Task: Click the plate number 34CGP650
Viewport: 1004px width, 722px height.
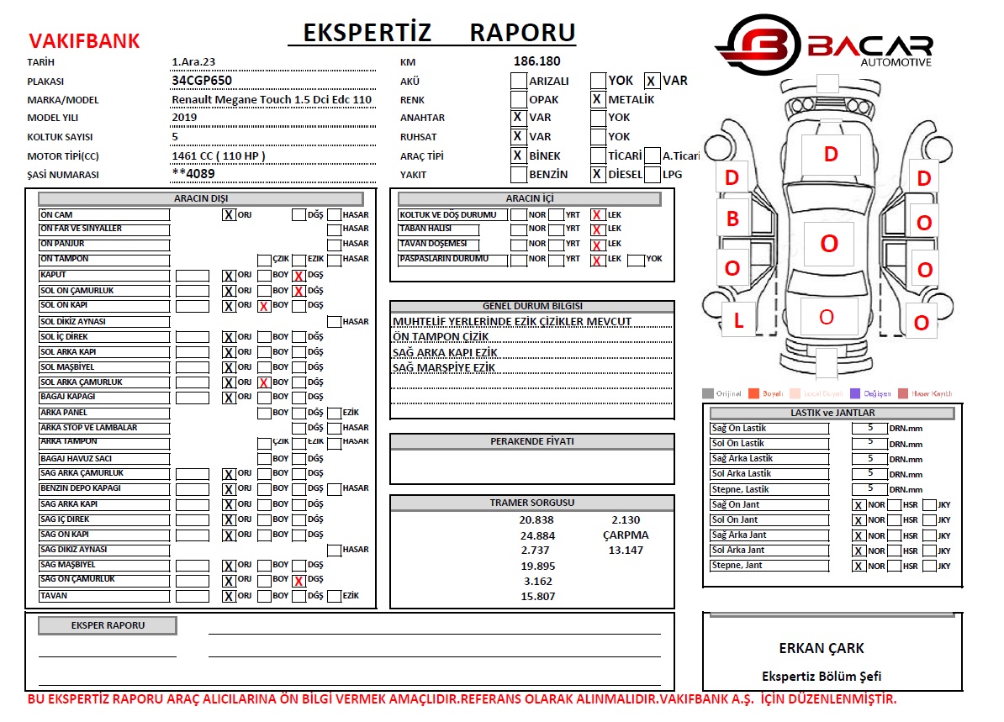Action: click(202, 81)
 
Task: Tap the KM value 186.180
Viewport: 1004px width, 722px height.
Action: click(536, 61)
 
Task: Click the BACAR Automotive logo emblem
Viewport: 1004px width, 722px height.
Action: click(757, 47)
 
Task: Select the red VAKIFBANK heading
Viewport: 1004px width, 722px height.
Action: click(84, 41)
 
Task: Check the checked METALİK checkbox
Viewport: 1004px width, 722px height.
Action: click(597, 99)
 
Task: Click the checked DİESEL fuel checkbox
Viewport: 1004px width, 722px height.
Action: click(597, 175)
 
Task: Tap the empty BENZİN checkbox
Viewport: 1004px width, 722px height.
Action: click(519, 175)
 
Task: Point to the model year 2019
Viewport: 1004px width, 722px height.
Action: click(184, 118)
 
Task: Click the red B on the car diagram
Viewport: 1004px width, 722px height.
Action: click(732, 219)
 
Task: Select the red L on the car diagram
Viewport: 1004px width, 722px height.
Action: click(738, 321)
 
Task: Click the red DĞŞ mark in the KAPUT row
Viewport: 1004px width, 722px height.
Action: click(299, 276)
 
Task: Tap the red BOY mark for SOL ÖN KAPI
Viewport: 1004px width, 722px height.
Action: click(264, 307)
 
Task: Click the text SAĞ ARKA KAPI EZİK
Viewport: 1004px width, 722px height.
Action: click(445, 353)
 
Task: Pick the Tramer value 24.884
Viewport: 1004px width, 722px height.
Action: click(537, 535)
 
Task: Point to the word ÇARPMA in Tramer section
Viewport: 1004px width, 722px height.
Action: click(626, 535)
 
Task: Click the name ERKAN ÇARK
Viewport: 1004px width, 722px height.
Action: click(821, 648)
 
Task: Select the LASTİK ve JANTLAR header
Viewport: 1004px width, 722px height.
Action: click(832, 413)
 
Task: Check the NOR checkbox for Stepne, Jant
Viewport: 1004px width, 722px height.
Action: click(859, 567)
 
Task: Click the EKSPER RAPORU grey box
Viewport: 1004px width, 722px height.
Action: click(108, 625)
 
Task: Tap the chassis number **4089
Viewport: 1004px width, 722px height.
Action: click(193, 175)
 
